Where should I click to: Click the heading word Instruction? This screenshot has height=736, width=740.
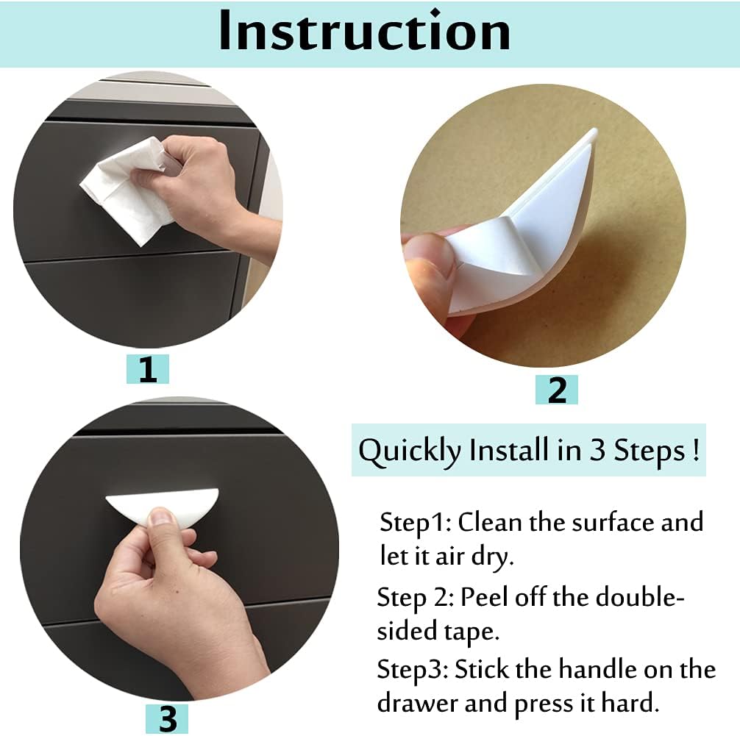pos(364,31)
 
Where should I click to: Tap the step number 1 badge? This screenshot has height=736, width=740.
pos(148,369)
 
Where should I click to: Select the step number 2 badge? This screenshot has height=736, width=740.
pos(557,390)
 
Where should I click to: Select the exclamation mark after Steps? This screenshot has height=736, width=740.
pos(695,449)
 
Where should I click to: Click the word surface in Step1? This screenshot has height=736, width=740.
pos(598,522)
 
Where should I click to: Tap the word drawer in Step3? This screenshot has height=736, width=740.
pos(419,704)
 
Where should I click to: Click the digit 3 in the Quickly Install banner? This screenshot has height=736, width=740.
pos(597,450)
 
